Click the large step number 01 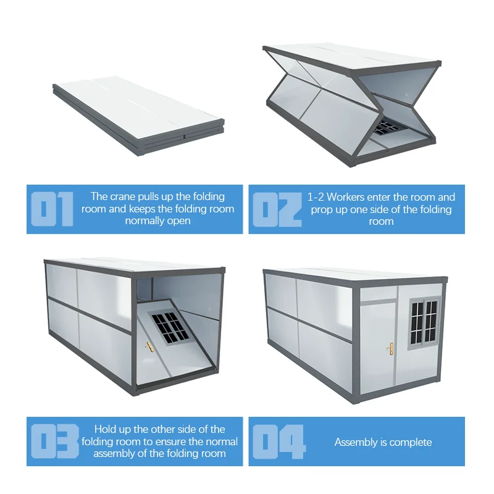52,209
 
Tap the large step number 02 277,209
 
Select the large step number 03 55,442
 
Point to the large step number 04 279,442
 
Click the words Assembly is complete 383,442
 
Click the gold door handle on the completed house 390,349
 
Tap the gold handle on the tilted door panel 149,347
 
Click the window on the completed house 424,323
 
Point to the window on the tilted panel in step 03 169,328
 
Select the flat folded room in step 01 138,115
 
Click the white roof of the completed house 356,274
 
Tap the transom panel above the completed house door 378,293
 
